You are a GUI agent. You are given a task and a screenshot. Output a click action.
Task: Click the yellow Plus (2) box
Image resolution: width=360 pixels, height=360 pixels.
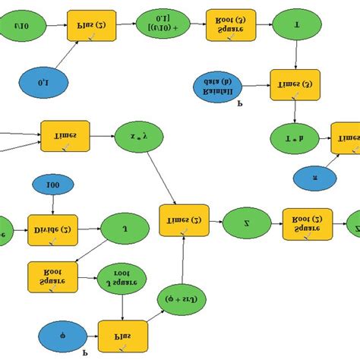click(92, 25)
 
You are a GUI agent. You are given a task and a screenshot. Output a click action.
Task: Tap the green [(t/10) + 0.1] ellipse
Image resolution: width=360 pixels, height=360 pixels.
click(162, 24)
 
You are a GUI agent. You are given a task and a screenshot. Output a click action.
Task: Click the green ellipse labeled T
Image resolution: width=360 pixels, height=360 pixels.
click(296, 24)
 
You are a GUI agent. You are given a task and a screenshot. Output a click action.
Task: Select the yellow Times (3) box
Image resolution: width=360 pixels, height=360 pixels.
click(295, 85)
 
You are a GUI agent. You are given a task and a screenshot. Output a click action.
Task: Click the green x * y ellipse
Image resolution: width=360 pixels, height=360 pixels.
click(139, 138)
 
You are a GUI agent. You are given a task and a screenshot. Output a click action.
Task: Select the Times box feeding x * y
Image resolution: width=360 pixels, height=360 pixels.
click(66, 137)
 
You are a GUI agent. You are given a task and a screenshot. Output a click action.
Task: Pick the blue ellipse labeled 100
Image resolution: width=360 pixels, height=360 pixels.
click(52, 185)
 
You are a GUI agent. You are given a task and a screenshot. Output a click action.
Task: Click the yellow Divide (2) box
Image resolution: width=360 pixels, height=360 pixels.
click(52, 229)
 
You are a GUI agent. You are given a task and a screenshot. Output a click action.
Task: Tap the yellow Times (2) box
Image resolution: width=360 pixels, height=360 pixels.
click(184, 220)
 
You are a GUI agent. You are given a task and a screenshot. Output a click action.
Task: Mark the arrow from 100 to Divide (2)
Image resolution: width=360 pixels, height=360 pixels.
click(52, 204)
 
